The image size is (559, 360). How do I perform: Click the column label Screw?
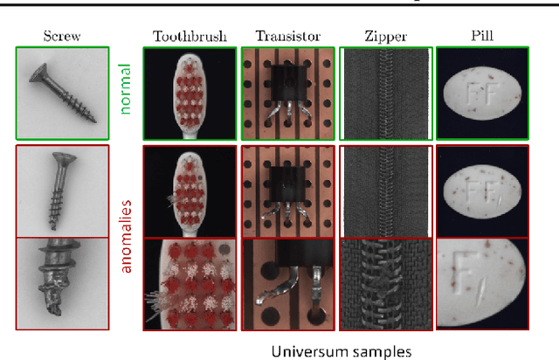(x=61, y=36)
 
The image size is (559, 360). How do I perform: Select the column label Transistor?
(x=287, y=36)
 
